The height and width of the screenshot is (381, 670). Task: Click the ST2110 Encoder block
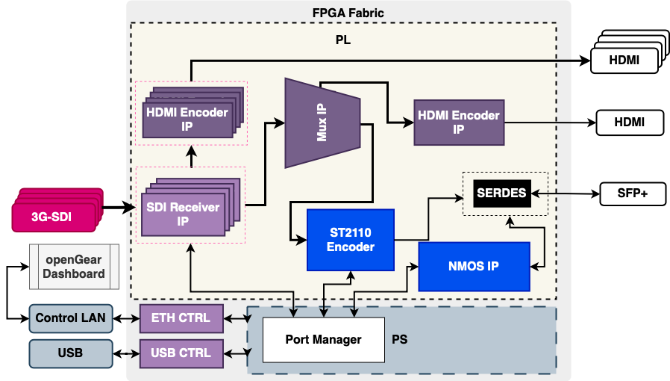(x=350, y=240)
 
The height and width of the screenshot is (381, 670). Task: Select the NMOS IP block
(x=474, y=266)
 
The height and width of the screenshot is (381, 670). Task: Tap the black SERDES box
(x=501, y=193)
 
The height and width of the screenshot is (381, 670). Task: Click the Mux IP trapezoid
(x=322, y=123)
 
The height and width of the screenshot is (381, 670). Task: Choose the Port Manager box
(x=323, y=339)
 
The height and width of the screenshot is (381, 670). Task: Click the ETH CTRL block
(x=181, y=317)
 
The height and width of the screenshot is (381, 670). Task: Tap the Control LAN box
(x=71, y=317)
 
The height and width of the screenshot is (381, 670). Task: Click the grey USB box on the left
(x=71, y=353)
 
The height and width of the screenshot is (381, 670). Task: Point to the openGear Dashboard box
(x=74, y=267)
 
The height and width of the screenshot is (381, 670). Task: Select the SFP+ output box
(x=632, y=193)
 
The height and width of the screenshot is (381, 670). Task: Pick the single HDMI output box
(x=629, y=122)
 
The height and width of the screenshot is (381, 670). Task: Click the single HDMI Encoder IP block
(x=458, y=122)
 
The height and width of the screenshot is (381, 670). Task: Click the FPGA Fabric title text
(x=348, y=13)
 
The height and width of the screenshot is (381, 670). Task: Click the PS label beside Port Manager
(x=400, y=339)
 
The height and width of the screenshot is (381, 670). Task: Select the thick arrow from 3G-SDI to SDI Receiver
(x=119, y=208)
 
